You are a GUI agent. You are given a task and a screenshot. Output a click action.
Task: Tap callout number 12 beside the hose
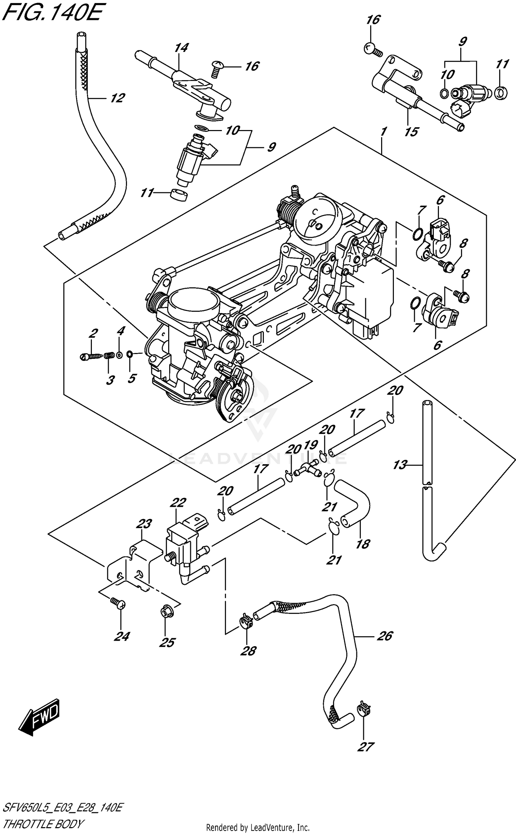[117, 98]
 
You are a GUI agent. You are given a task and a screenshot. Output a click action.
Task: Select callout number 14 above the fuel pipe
[181, 47]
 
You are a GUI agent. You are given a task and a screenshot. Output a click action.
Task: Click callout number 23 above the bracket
[144, 524]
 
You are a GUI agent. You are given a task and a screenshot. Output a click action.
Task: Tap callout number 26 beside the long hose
[384, 636]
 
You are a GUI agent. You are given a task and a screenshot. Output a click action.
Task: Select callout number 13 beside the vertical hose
[400, 465]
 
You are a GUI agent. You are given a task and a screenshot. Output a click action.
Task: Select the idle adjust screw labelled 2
[89, 357]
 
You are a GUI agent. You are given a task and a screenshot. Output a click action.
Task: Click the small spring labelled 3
[109, 355]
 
